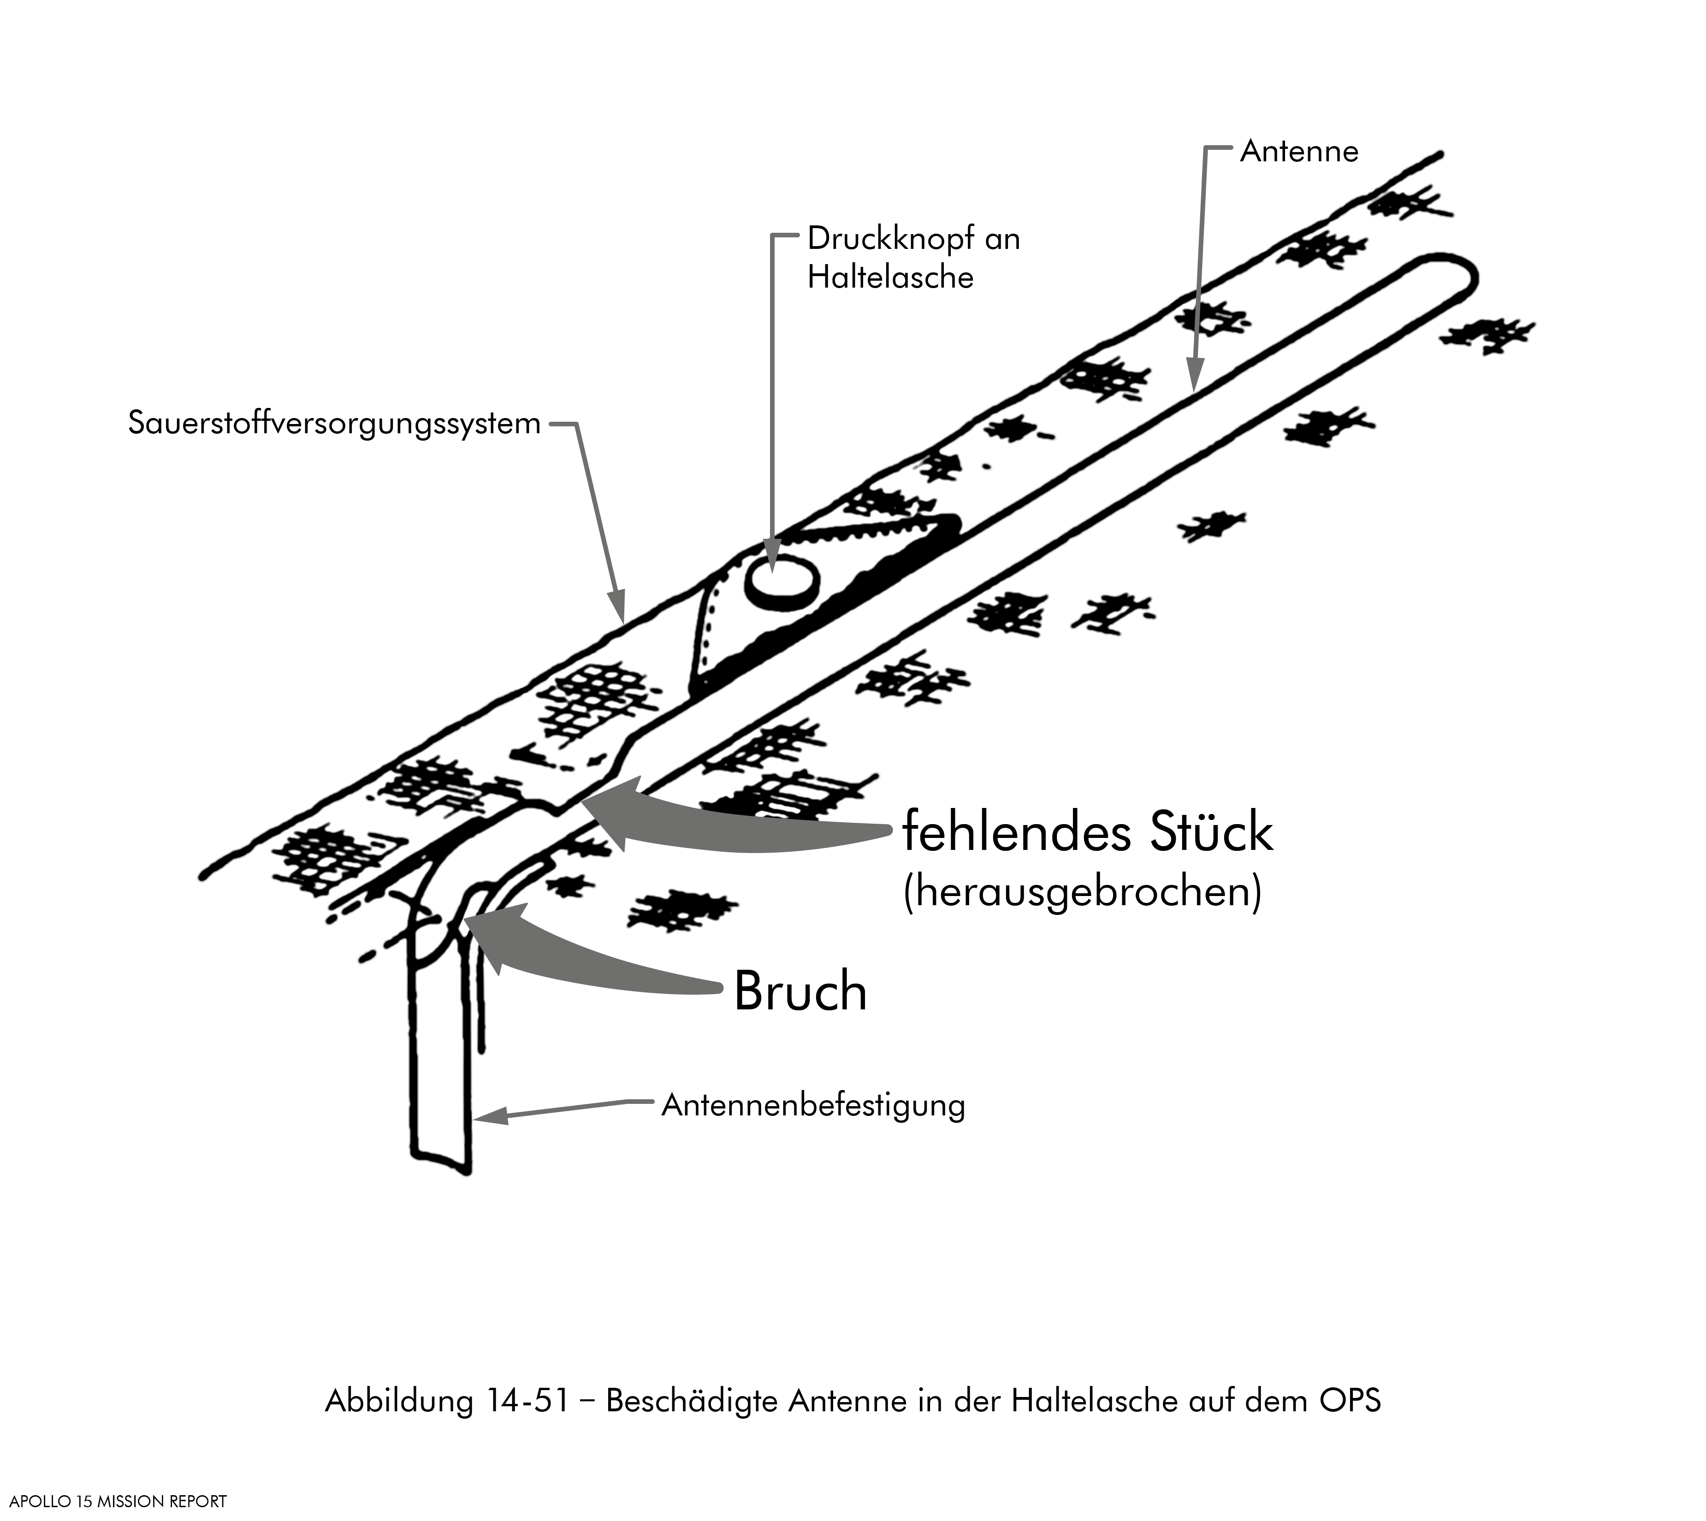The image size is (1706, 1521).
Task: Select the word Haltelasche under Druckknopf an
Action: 890,277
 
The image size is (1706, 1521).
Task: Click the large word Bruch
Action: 800,992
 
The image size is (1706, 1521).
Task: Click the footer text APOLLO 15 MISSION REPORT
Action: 118,1502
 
